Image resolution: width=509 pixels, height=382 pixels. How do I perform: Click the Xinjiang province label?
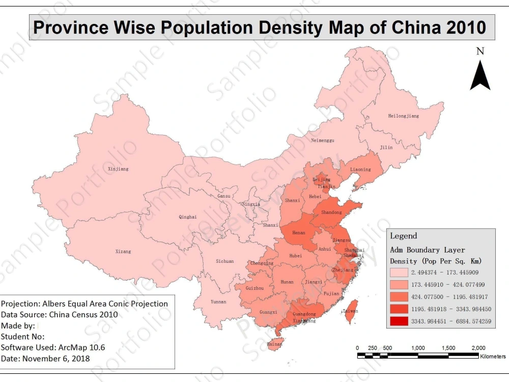[x=118, y=169]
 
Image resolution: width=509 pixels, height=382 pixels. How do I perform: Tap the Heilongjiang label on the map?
[x=403, y=116]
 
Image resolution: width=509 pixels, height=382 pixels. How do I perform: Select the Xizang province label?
[x=123, y=251]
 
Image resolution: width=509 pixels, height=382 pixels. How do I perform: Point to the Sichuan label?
[x=224, y=261]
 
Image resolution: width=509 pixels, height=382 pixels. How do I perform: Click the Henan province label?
[x=299, y=232]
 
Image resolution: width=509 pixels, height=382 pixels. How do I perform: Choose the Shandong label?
[x=331, y=212]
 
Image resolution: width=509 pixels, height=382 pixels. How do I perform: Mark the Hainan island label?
[x=274, y=345]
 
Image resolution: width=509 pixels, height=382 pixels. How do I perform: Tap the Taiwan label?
[x=350, y=311]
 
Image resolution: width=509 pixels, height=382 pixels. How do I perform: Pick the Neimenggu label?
[x=322, y=140]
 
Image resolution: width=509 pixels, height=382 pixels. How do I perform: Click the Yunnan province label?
[x=218, y=302]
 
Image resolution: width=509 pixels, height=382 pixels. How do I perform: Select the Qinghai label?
[x=187, y=217]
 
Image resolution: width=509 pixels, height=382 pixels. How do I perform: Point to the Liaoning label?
[x=360, y=170]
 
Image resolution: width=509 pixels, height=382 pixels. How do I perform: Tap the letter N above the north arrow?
[x=479, y=51]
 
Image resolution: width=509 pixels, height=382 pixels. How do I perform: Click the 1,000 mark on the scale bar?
[x=418, y=348]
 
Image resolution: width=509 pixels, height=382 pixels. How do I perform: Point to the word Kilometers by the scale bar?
[x=493, y=356]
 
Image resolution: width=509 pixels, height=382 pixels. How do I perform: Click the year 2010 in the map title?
[x=466, y=28]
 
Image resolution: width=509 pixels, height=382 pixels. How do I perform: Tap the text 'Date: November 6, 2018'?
[x=45, y=358]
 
